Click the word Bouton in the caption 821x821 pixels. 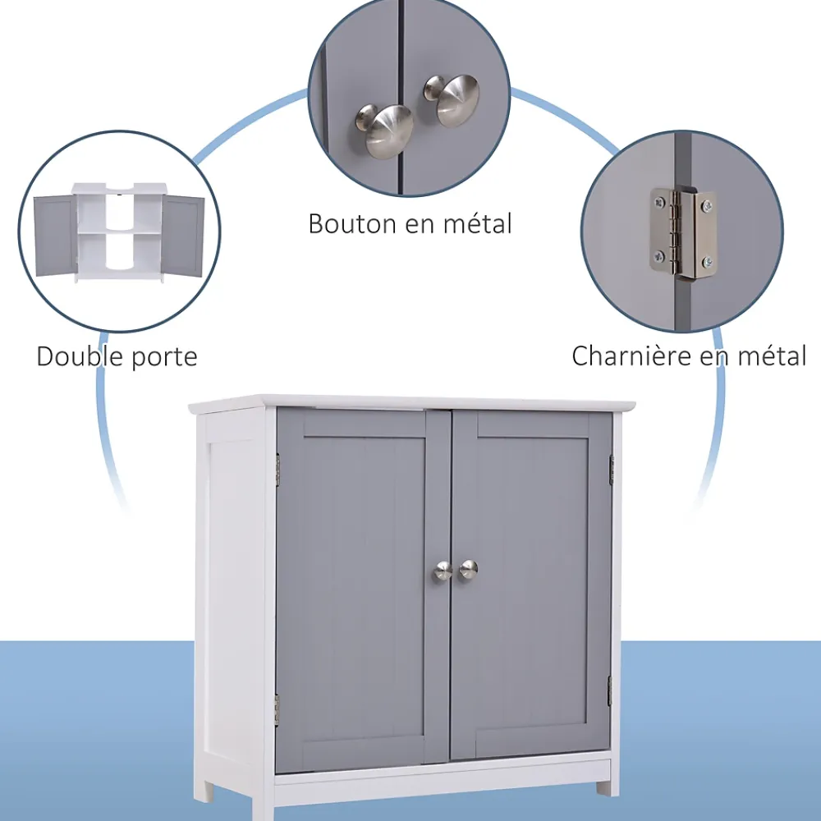352,223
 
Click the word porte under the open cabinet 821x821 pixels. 164,358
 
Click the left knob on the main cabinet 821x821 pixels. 443,571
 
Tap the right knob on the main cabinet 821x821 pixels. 468,569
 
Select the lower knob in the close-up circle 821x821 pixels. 385,130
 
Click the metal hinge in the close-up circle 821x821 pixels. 683,233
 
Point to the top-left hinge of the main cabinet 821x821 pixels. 277,468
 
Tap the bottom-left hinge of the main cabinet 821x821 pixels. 277,710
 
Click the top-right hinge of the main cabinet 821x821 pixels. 611,470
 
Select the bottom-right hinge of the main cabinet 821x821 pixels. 609,690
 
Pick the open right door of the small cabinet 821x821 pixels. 182,236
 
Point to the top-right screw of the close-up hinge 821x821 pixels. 707,204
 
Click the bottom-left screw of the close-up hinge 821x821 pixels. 658,256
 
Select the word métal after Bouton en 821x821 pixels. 478,223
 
